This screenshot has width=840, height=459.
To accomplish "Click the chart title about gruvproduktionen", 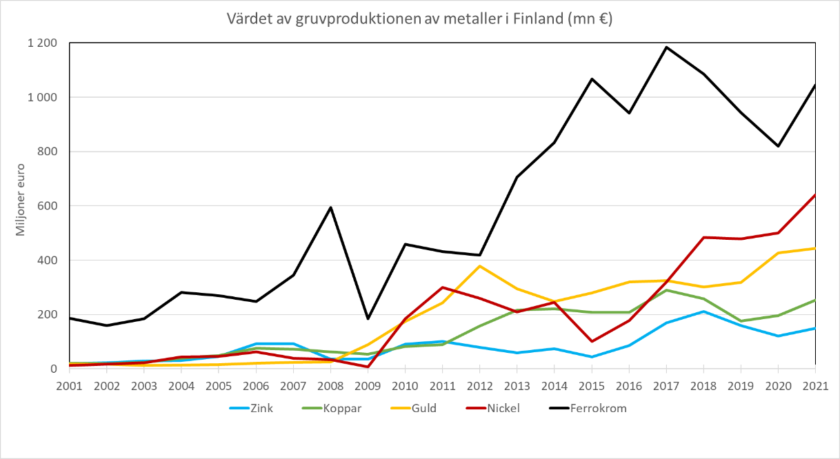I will [x=420, y=19].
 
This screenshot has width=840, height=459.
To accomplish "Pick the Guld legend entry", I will [x=424, y=408].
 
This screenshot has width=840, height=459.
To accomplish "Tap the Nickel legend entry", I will [x=503, y=408].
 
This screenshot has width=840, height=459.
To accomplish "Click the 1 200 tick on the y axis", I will [x=43, y=43].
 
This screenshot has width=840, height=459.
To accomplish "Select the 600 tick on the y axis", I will [x=48, y=206].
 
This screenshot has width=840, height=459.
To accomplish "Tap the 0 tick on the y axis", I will [x=53, y=369].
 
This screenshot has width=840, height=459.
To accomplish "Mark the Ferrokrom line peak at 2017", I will [x=666, y=47].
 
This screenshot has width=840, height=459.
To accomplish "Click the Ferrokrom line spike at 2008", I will [x=331, y=207].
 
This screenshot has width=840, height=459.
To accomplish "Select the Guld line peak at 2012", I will [x=480, y=266].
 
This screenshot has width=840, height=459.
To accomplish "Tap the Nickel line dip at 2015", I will [x=592, y=341].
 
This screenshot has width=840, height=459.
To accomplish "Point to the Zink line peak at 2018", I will [x=703, y=312].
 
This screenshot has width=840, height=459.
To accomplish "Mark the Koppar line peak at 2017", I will [x=666, y=290].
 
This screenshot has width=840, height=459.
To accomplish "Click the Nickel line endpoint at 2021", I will [x=815, y=195].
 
